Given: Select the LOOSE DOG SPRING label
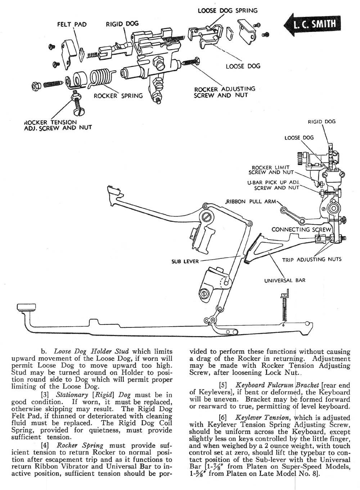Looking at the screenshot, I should (x=228, y=10).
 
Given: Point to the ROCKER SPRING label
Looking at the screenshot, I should (x=118, y=96).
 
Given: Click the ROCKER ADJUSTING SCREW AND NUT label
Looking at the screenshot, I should (x=224, y=92).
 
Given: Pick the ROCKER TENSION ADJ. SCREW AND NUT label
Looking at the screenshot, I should (x=58, y=124).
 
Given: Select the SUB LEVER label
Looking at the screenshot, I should (x=185, y=261).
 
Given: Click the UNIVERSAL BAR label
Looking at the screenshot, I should (x=285, y=280).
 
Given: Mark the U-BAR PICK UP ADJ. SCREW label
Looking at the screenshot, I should (x=273, y=185).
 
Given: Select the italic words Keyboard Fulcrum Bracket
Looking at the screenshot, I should (x=268, y=385).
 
